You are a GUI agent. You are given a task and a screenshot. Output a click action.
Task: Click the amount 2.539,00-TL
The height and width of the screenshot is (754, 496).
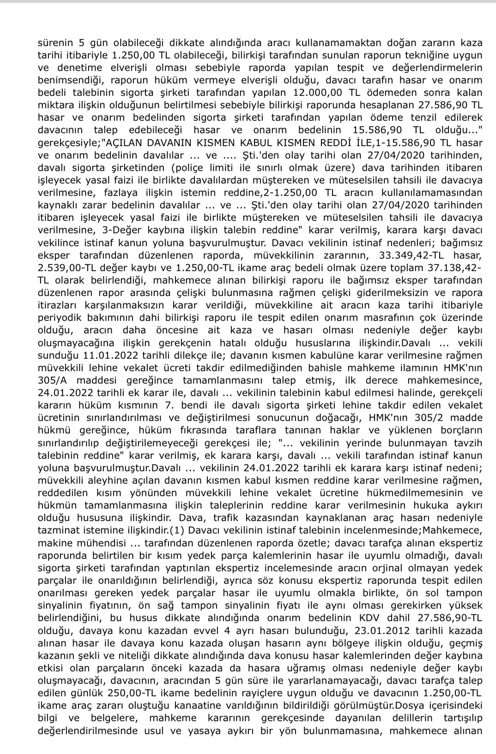pos(68,267)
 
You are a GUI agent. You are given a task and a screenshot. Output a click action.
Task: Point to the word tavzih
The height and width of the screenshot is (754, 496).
pos(468,443)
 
